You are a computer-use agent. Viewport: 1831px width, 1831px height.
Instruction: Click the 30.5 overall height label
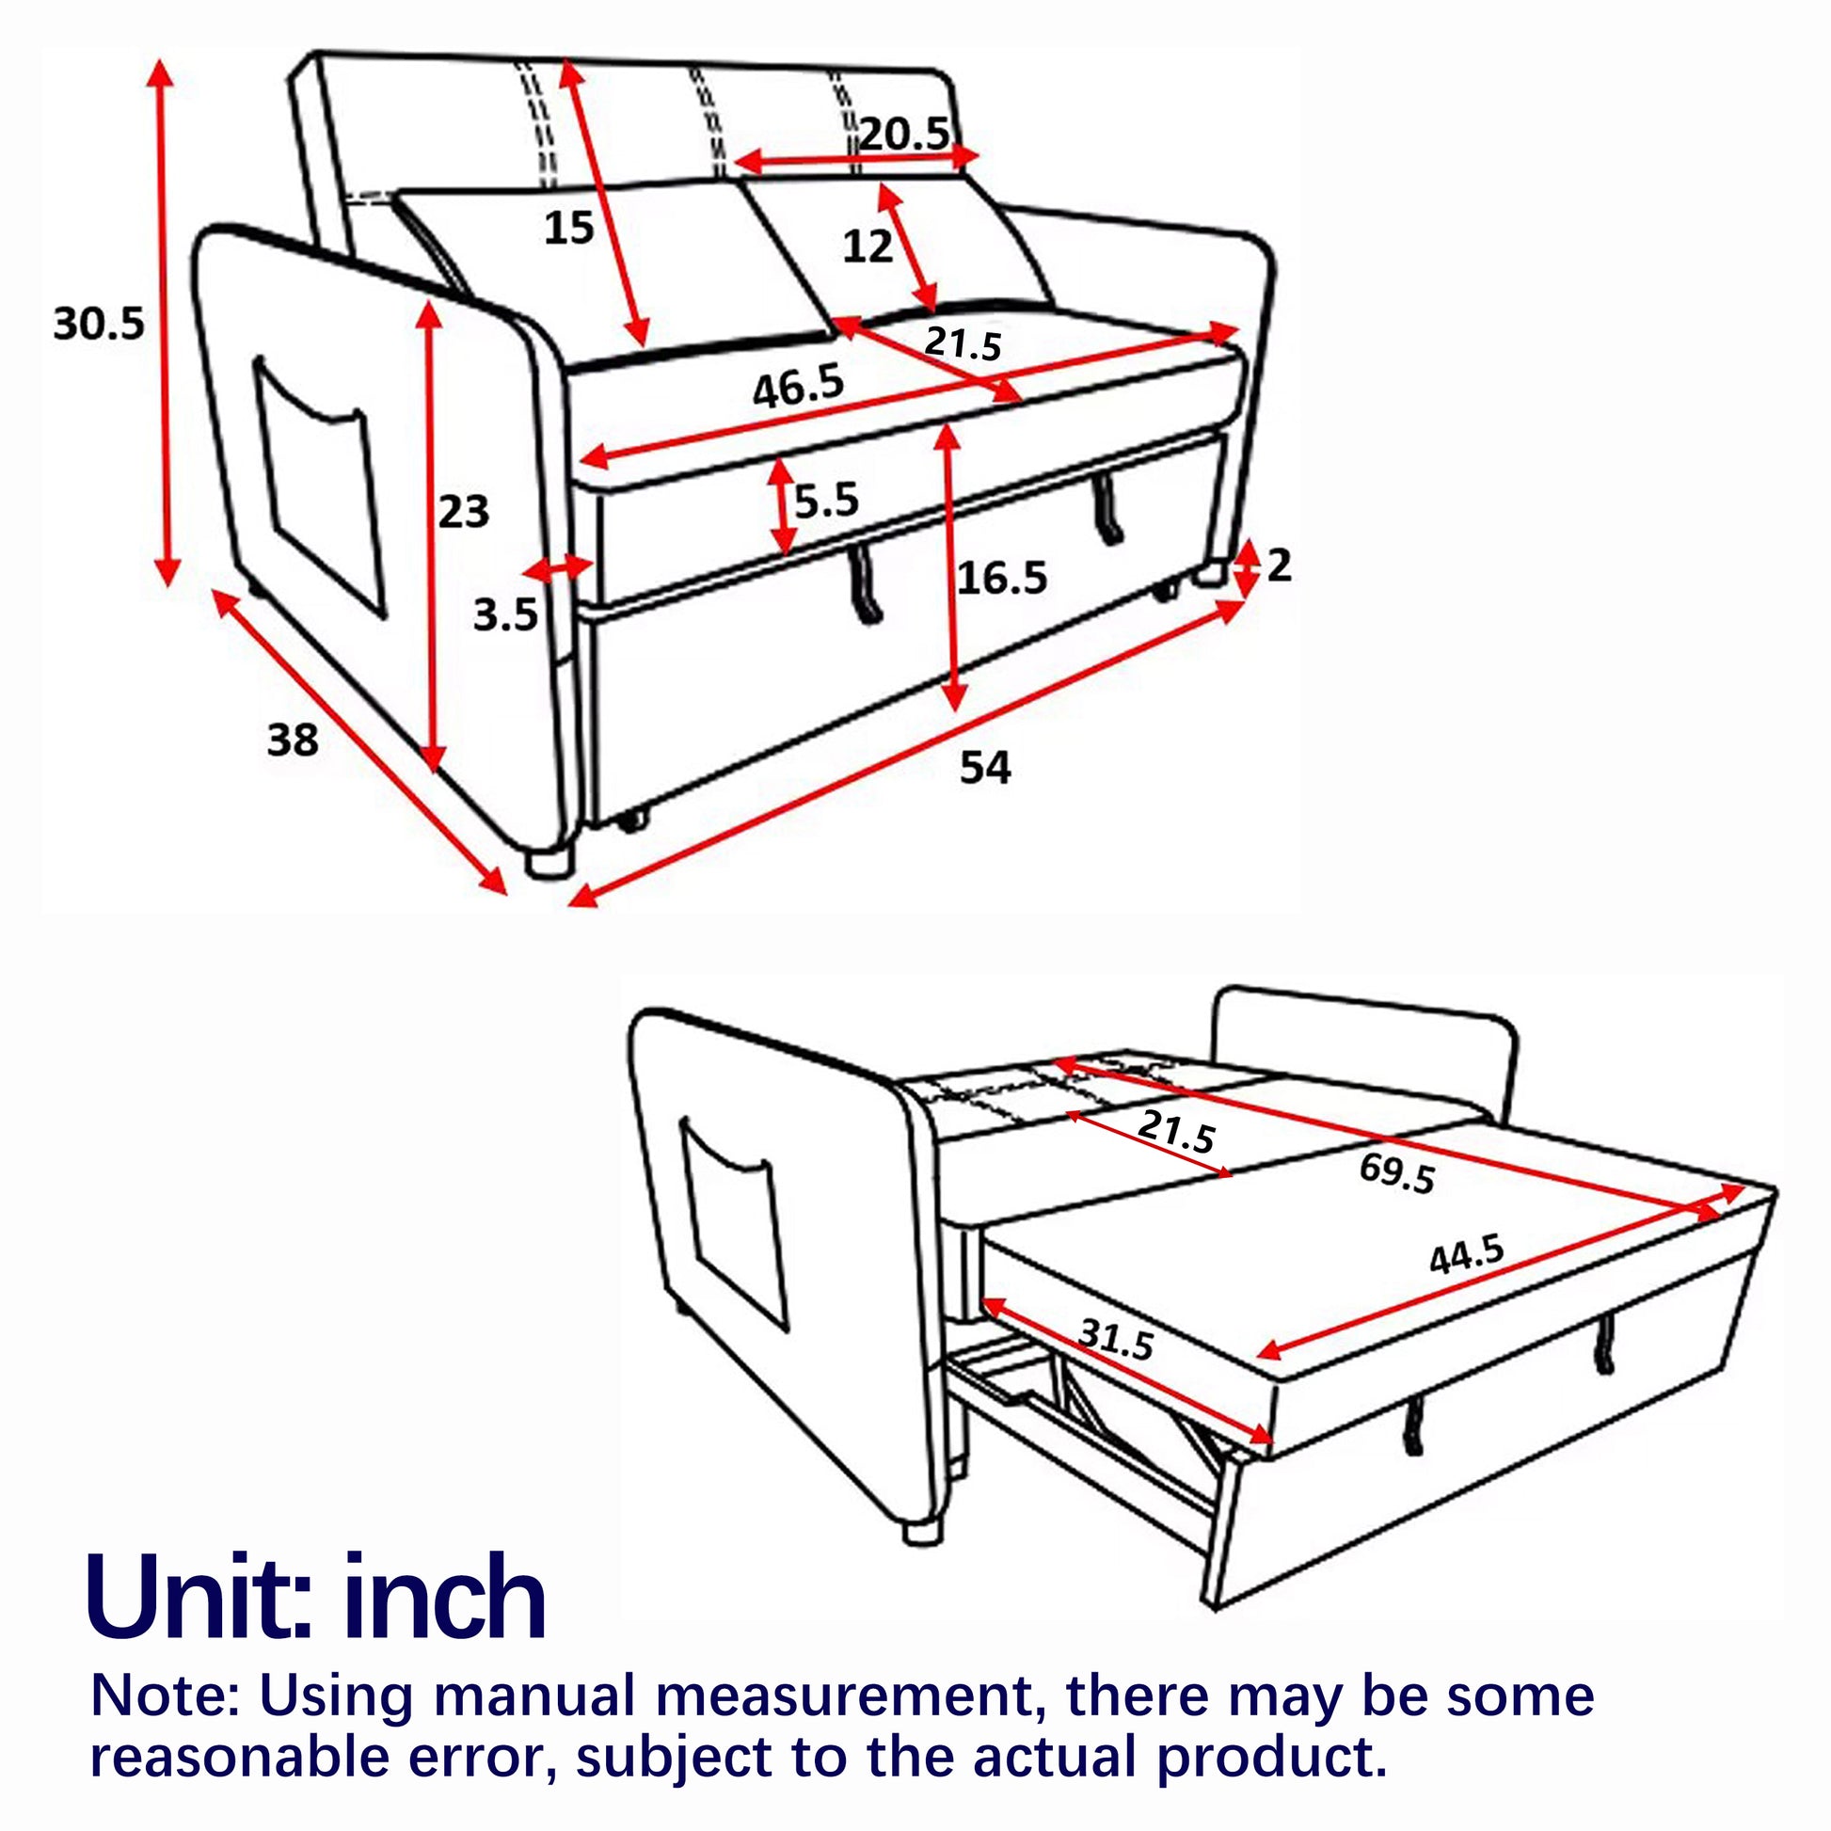coord(99,324)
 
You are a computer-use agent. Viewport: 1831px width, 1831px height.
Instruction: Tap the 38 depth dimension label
coord(292,740)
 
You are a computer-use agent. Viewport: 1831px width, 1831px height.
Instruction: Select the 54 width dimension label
coord(986,767)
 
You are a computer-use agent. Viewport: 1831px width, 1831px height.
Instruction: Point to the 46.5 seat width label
coord(798,386)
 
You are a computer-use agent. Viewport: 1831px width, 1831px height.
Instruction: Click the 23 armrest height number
coord(464,512)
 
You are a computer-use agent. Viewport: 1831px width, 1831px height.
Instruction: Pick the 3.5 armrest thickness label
coord(506,616)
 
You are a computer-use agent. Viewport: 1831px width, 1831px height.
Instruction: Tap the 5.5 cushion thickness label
coord(826,500)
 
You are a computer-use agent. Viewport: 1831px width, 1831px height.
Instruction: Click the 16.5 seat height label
coord(1002,577)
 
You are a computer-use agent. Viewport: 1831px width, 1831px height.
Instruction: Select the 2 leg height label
coord(1279,565)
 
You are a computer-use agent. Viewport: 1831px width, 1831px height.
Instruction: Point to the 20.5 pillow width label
coord(904,134)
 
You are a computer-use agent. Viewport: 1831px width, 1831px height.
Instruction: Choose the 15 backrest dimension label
coord(568,228)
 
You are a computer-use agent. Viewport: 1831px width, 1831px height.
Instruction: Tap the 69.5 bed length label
coord(1398,1173)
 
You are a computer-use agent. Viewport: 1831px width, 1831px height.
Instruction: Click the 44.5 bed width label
coord(1466,1255)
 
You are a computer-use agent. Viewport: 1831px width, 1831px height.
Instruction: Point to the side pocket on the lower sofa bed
coord(734,1223)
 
